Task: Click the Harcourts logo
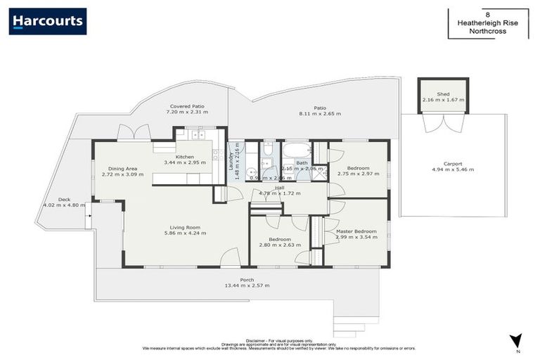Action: click(x=48, y=21)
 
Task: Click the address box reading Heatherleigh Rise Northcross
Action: click(x=487, y=24)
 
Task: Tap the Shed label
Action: click(x=443, y=94)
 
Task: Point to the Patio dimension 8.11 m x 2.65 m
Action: click(x=319, y=113)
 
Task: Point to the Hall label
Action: click(x=279, y=187)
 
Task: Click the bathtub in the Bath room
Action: click(x=295, y=150)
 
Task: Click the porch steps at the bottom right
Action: click(x=349, y=326)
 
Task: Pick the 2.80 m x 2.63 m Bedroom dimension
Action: click(x=279, y=245)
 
